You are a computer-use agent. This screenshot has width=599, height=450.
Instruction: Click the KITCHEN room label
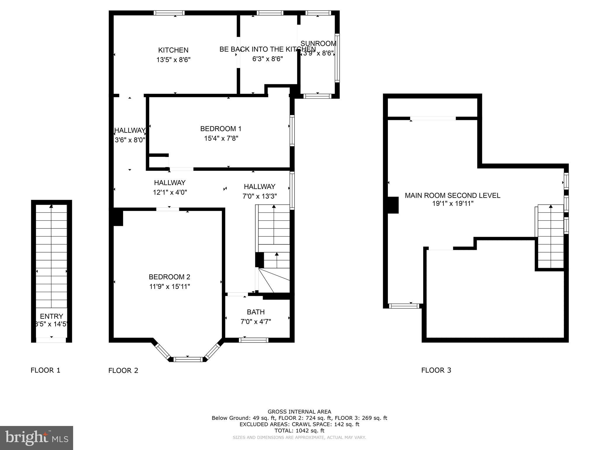173,50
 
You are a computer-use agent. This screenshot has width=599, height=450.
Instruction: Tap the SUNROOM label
318,44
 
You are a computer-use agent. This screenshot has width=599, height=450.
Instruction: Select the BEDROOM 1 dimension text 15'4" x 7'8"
221,138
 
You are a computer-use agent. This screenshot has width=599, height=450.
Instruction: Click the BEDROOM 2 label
169,277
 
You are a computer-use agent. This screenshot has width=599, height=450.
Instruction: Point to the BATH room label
256,312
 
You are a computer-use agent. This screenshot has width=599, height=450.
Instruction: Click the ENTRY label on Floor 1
51,316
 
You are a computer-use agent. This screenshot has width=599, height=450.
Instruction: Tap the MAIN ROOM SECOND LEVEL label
452,195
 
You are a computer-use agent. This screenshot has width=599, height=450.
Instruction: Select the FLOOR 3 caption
436,370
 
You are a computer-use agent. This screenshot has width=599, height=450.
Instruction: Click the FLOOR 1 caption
45,370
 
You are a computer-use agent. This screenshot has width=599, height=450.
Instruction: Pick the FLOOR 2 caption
123,371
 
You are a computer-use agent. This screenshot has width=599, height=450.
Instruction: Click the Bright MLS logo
37,438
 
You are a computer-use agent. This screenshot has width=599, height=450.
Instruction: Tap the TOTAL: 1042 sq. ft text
299,431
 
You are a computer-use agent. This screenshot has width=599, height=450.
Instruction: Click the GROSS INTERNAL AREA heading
299,412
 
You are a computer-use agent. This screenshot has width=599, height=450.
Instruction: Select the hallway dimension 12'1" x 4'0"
170,192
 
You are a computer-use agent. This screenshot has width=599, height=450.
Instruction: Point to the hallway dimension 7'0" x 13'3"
259,196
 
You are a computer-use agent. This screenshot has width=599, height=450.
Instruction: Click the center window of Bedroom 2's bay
187,359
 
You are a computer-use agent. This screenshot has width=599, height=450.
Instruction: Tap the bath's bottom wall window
253,340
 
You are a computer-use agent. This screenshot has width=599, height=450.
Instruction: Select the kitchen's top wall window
169,13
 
